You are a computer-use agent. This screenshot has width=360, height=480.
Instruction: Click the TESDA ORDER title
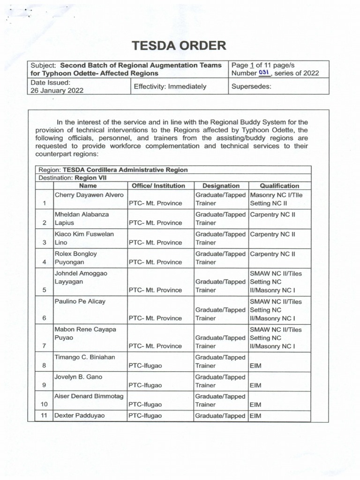(x=179, y=45)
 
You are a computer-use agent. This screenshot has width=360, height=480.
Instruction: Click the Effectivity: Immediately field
(x=170, y=86)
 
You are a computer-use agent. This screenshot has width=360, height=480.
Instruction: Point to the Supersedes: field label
(x=251, y=86)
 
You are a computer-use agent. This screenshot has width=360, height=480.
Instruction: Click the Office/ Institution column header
(x=158, y=186)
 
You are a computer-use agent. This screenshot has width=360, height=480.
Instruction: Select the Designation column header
(x=220, y=186)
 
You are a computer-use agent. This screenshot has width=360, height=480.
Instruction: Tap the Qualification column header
(x=279, y=186)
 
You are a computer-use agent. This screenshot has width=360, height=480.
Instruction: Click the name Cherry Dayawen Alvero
(x=89, y=195)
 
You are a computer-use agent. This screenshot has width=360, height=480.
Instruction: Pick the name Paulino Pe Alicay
(x=80, y=301)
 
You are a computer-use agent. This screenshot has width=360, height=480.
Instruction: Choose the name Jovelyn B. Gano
(x=78, y=377)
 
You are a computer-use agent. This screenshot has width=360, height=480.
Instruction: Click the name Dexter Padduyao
(x=80, y=416)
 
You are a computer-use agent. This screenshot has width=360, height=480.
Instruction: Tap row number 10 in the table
(x=44, y=404)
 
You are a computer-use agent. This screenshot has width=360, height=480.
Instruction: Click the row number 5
(x=44, y=290)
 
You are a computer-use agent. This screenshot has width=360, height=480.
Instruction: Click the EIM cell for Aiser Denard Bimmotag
(x=255, y=404)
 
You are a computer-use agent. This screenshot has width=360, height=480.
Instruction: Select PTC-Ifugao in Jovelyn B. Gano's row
(x=145, y=385)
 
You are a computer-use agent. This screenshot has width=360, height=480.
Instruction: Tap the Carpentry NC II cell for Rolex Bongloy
(x=273, y=254)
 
